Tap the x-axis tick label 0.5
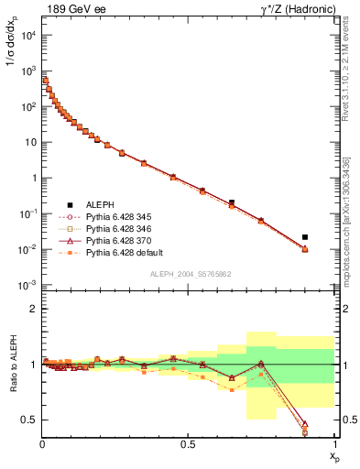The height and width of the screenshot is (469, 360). [189, 444]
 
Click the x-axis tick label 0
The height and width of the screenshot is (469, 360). [43, 444]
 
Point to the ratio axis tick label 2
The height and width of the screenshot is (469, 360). [34, 309]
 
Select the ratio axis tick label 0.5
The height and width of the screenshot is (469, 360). [29, 420]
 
